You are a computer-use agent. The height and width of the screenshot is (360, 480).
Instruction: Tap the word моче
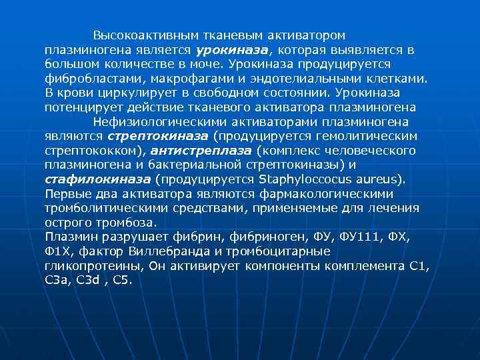coord(209,64)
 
